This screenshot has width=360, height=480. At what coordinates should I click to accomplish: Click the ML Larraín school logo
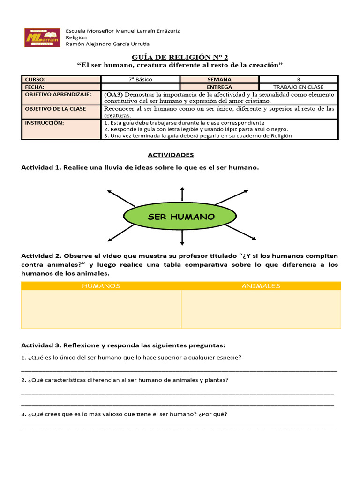coord(42,37)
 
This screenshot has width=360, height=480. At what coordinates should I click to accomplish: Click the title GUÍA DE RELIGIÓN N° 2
coord(180,57)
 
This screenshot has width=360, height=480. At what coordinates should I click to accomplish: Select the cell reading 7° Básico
coord(141,80)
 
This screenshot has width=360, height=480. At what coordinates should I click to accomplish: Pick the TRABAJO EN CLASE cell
coord(299,87)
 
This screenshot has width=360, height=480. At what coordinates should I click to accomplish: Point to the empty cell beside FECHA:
coord(141,87)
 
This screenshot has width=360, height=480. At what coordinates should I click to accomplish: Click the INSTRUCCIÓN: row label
coord(45,123)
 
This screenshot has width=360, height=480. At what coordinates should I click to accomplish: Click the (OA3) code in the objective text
coord(114,94)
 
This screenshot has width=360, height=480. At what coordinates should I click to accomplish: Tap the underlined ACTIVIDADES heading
coord(171,155)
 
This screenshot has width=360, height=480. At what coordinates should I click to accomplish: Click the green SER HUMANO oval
coord(181,217)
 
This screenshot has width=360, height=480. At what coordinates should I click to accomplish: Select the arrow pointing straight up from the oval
coord(182,193)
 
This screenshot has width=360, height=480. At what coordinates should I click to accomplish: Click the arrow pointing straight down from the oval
coord(182,239)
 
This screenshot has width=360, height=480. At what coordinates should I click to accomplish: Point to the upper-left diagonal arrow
coord(120,198)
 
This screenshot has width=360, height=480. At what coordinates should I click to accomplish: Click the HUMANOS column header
coord(101,286)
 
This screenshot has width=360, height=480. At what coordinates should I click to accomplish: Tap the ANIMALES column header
coord(261,286)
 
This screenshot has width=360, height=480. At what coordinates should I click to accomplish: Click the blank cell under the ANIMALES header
coord(261,309)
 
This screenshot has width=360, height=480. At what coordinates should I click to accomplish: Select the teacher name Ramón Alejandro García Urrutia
coord(108,45)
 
